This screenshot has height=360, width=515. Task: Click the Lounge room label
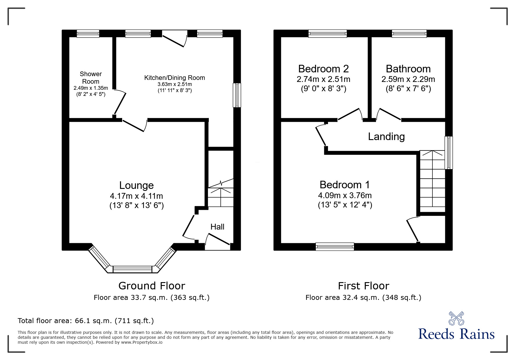pyautogui.click(x=136, y=185)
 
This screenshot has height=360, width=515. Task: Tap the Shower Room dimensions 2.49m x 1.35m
pyautogui.click(x=91, y=88)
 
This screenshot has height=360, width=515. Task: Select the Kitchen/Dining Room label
pyautogui.click(x=174, y=78)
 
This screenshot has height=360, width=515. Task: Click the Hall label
pyautogui.click(x=217, y=227)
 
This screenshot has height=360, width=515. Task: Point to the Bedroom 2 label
pyautogui.click(x=323, y=69)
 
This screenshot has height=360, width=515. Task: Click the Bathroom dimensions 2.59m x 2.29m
pyautogui.click(x=408, y=79)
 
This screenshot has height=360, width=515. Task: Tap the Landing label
pyautogui.click(x=386, y=137)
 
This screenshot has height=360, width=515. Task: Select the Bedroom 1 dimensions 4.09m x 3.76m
pyautogui.click(x=345, y=196)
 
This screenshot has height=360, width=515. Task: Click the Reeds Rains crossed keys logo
pyautogui.click(x=456, y=318)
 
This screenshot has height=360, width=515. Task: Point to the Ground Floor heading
pyautogui.click(x=152, y=286)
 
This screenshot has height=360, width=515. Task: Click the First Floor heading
pyautogui.click(x=363, y=286)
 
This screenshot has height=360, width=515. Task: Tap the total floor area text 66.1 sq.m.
pyautogui.click(x=86, y=321)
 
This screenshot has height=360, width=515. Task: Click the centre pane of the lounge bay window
pyautogui.click(x=132, y=269)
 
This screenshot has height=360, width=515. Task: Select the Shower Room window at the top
pyautogui.click(x=88, y=34)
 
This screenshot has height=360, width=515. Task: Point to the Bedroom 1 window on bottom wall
pyautogui.click(x=335, y=246)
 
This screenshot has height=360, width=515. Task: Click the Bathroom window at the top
pyautogui.click(x=409, y=34)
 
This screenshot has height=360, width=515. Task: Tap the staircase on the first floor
pyautogui.click(x=432, y=182)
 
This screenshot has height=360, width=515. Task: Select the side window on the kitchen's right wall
pyautogui.click(x=237, y=95)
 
